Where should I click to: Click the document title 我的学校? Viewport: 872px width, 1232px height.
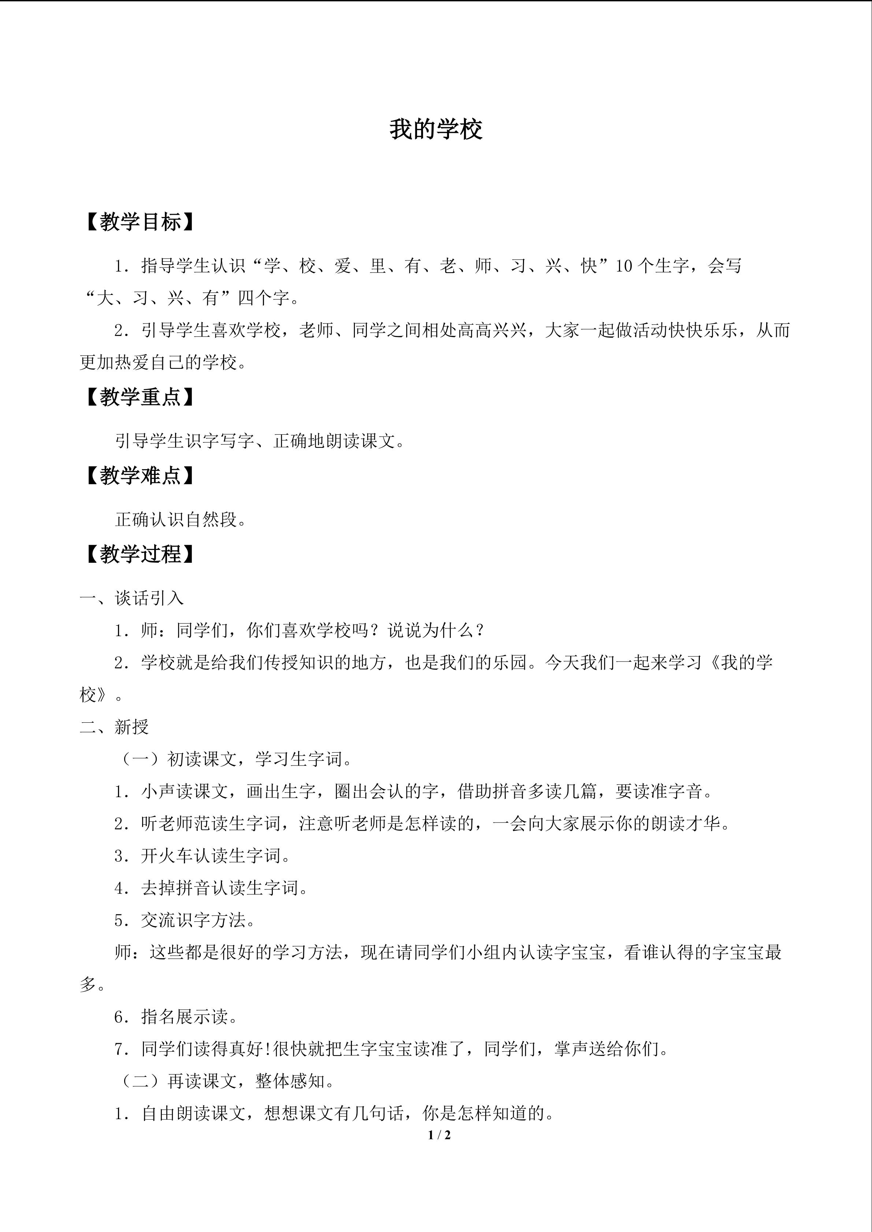pyautogui.click(x=436, y=129)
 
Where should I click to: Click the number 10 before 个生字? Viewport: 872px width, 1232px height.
pyautogui.click(x=624, y=266)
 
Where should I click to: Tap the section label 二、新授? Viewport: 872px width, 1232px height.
pyautogui.click(x=114, y=727)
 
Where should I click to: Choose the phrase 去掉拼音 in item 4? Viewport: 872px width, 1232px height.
pyautogui.click(x=176, y=888)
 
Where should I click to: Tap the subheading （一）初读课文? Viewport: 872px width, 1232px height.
pyautogui.click(x=177, y=759)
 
